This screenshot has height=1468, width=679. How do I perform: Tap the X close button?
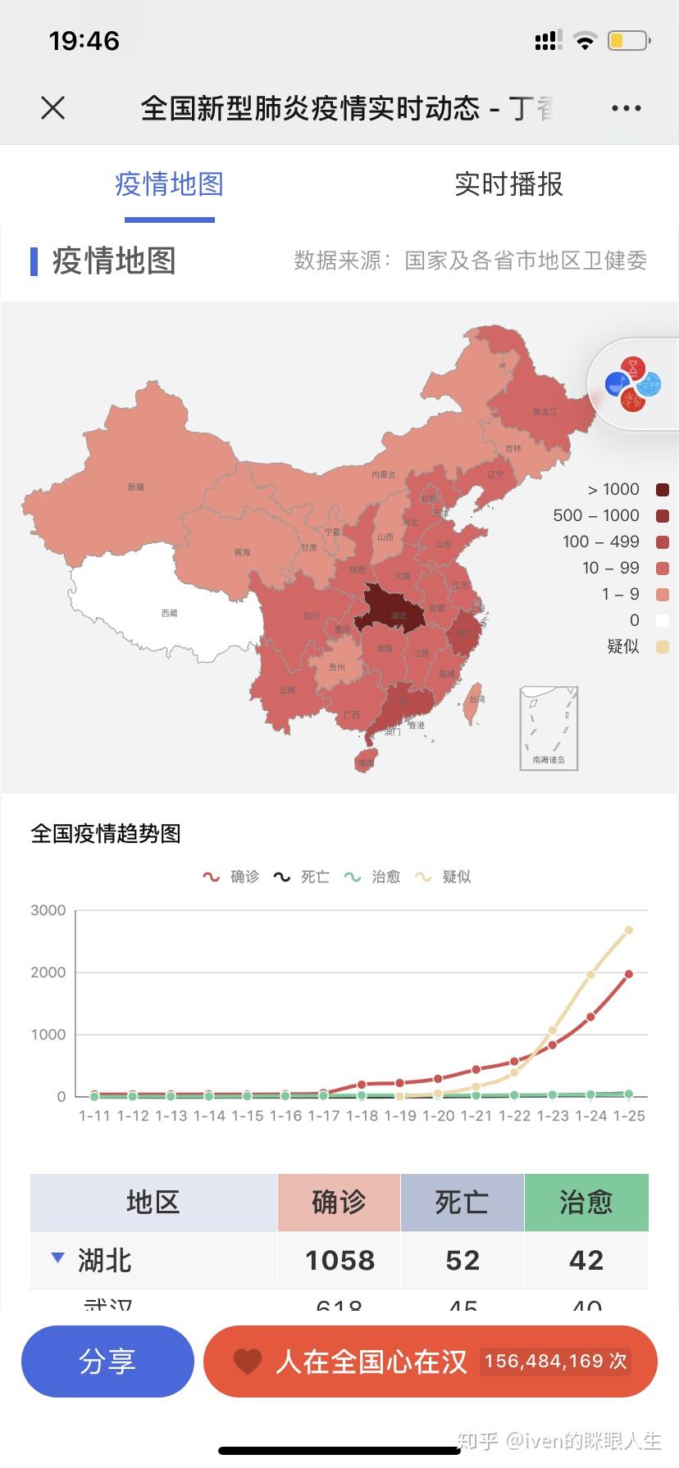(x=52, y=107)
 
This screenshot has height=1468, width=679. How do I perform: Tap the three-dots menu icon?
(x=626, y=108)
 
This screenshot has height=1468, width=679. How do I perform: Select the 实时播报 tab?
(x=508, y=184)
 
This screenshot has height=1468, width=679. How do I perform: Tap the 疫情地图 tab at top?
(x=169, y=184)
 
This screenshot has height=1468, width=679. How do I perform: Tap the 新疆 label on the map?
(x=136, y=487)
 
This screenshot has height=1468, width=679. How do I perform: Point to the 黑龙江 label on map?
(x=544, y=411)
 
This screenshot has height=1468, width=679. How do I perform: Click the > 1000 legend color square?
(x=663, y=490)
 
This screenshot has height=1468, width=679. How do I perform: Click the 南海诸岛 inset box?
(x=549, y=728)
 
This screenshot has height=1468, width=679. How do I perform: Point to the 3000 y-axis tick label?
(x=48, y=910)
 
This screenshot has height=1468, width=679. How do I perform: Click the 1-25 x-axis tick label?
(x=629, y=1116)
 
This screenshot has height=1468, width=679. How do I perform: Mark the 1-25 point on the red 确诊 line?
(x=629, y=974)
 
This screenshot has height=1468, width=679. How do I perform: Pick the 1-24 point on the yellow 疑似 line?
(x=590, y=975)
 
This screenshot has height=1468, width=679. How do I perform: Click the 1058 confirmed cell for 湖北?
(x=339, y=1260)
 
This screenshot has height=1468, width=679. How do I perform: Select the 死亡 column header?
(x=462, y=1203)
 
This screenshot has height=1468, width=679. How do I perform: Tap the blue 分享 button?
(x=107, y=1361)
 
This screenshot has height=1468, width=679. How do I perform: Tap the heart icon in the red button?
(x=247, y=1362)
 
